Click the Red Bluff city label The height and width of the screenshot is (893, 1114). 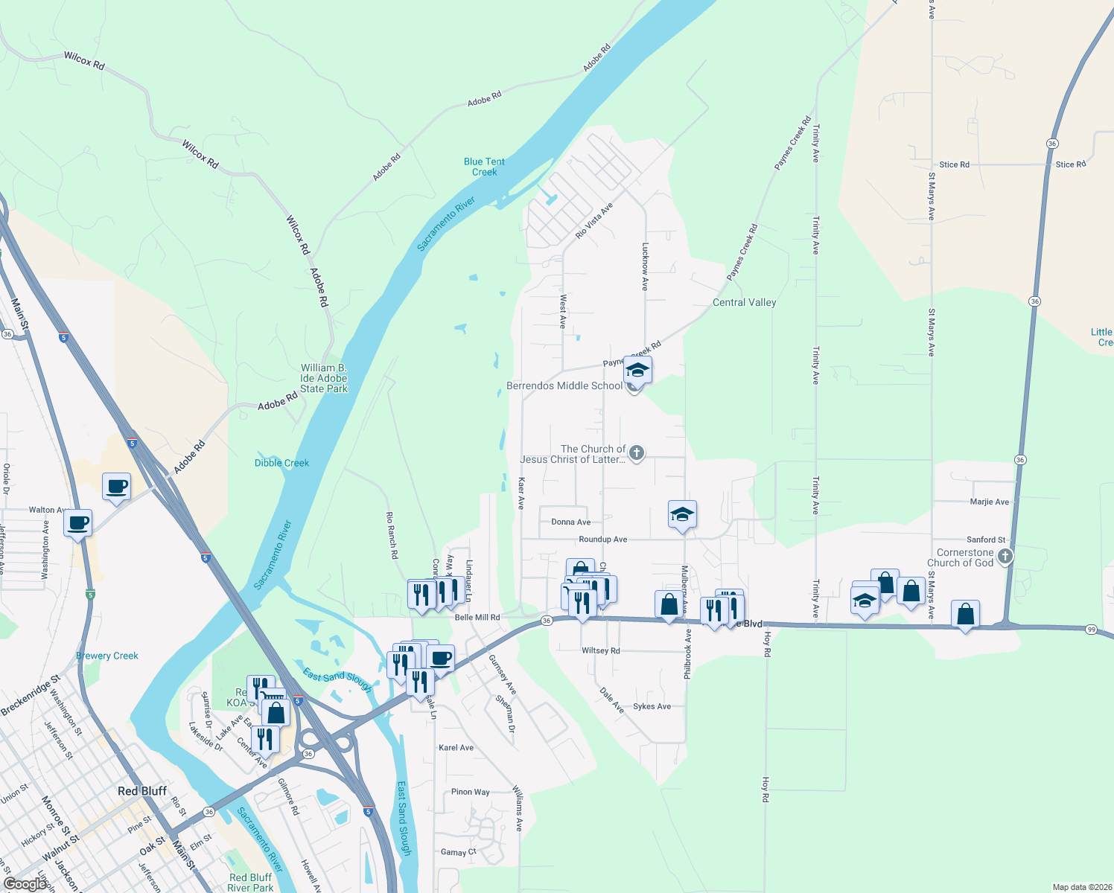pos(142,791)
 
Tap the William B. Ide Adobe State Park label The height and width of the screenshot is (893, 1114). pos(324,378)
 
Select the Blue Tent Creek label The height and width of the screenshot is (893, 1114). pos(484,167)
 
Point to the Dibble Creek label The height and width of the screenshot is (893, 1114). pos(281,463)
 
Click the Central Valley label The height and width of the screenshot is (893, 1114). pos(744,302)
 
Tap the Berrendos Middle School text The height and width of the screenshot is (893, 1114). pos(564,385)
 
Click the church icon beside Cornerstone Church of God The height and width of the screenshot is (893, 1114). pos(1005,556)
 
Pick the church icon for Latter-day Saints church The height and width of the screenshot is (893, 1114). pos(636,452)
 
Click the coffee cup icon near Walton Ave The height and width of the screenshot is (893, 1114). pos(78,523)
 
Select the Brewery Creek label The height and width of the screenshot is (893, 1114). pos(107,656)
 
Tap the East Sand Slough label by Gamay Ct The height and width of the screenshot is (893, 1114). pos(403,818)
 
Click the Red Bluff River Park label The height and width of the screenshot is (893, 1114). pos(250,883)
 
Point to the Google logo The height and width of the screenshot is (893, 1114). pos(25,883)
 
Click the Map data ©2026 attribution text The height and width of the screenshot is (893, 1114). pos(1080,887)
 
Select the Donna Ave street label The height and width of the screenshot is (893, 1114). pos(570,522)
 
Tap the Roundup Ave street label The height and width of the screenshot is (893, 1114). pos(602,540)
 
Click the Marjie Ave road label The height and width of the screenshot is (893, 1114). pos(989,502)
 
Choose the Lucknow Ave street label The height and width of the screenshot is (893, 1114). pos(646,266)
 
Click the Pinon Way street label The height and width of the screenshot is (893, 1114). pos(470,792)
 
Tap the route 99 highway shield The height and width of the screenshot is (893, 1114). pos(1091,630)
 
